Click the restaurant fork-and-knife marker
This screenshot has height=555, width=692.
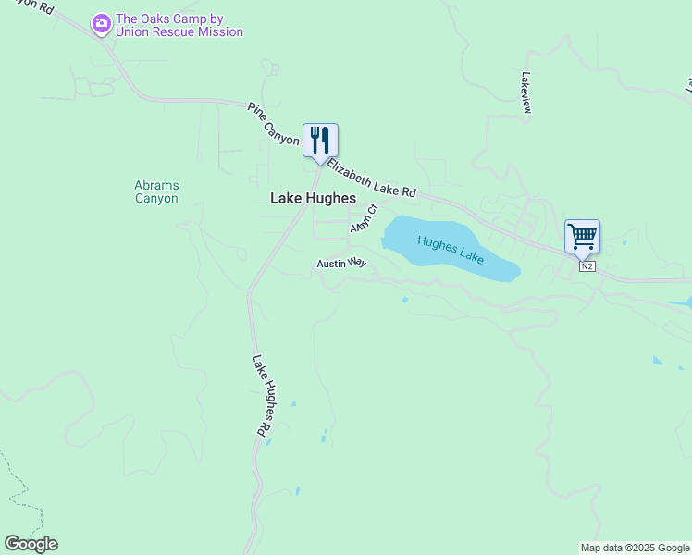coord(320,141)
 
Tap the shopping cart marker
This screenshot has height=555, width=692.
coord(582,237)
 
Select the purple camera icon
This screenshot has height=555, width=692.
coord(101,22)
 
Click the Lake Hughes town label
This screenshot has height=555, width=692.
coord(313,198)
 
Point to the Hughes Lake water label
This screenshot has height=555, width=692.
coord(451,250)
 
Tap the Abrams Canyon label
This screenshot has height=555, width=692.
coord(156,191)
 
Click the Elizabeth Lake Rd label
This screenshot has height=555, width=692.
coord(371,178)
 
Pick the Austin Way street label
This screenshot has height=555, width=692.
coord(341,264)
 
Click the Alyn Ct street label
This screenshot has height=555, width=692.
coord(365,219)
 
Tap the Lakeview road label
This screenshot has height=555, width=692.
coord(526,93)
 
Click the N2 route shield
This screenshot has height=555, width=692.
coord(587,266)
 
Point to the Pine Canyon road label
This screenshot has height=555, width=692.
coord(274,124)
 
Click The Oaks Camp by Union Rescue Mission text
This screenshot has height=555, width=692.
coord(179,25)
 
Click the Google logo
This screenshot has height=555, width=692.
coord(31,544)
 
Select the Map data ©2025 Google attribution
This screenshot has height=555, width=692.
coord(635,548)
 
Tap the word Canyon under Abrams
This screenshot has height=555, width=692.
coord(156,198)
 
